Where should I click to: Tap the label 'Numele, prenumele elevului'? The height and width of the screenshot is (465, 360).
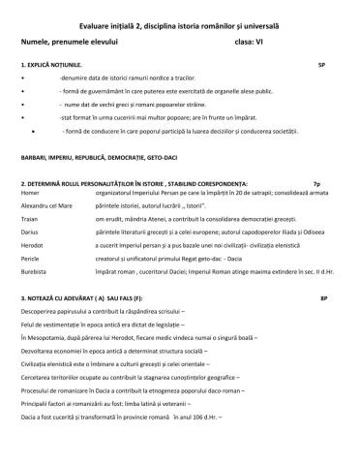click(67, 42)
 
